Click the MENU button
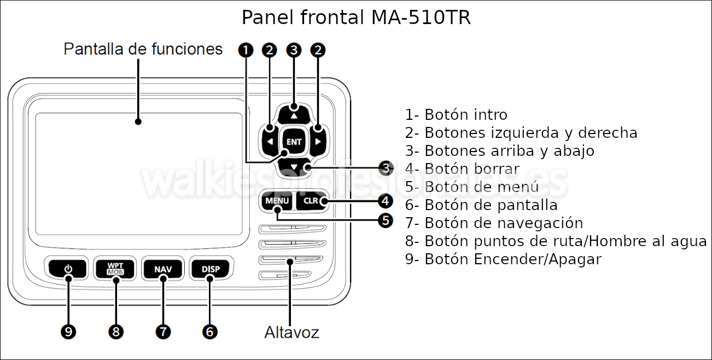(x=277, y=201)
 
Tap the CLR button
(x=311, y=201)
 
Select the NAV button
(x=163, y=269)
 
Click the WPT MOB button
(x=115, y=269)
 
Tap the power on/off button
(x=68, y=269)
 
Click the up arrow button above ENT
(x=294, y=114)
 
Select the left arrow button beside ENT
(x=270, y=142)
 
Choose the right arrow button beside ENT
(x=319, y=142)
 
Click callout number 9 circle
(x=68, y=331)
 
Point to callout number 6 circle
(x=210, y=331)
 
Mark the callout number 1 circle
(x=246, y=50)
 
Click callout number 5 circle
(x=386, y=220)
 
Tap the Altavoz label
(x=291, y=332)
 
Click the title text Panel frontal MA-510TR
(x=356, y=18)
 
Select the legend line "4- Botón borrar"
(x=462, y=169)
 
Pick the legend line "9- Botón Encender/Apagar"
(x=503, y=259)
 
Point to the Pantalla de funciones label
(x=143, y=49)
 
